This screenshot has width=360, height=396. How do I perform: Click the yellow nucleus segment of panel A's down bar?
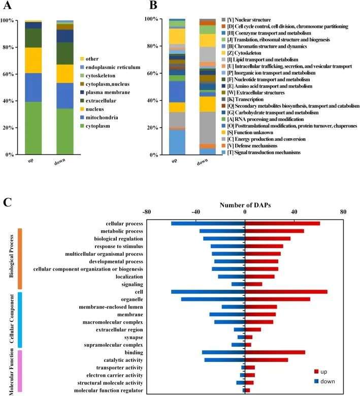click(x=64, y=74)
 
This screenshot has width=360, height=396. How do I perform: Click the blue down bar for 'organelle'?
click(x=213, y=299)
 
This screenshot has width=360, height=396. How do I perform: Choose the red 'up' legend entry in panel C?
click(x=320, y=372)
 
